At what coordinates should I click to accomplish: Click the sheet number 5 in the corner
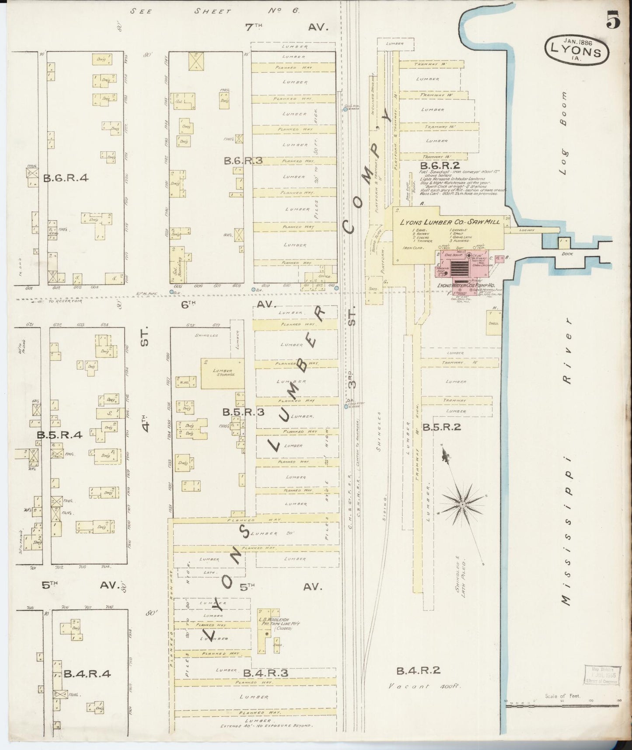point(614,21)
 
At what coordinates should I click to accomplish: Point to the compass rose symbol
point(462,505)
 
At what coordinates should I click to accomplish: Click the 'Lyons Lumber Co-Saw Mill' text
point(450,222)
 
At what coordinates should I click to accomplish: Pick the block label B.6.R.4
point(66,178)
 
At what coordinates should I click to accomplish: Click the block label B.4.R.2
point(418,670)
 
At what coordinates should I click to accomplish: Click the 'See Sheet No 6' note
point(215,11)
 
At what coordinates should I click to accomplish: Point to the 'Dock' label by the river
point(566,253)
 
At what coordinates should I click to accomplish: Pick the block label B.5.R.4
point(59,435)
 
